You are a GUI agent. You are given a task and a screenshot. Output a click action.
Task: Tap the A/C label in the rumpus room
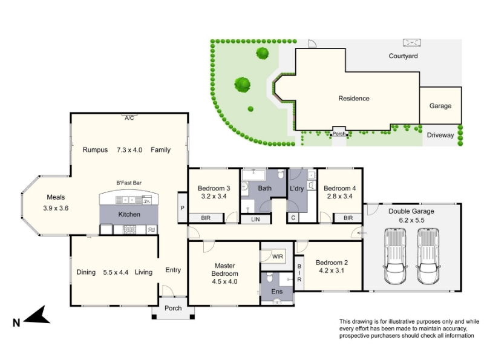pyautogui.click(x=129, y=118)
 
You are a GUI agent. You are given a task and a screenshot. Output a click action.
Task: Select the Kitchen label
pyautogui.click(x=129, y=214)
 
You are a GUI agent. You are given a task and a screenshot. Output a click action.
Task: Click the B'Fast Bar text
pyautogui.click(x=129, y=183)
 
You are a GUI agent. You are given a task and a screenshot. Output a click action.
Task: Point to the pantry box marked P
pyautogui.click(x=183, y=208)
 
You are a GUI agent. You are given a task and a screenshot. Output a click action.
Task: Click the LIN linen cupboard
pyautogui.click(x=255, y=219)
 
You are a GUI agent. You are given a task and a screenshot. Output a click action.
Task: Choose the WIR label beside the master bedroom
pyautogui.click(x=278, y=257)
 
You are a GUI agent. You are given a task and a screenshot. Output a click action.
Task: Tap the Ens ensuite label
pyautogui.click(x=277, y=292)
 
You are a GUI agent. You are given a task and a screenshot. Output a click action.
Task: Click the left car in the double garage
pyautogui.click(x=395, y=256)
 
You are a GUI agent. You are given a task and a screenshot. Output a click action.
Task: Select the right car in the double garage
pyautogui.click(x=428, y=256)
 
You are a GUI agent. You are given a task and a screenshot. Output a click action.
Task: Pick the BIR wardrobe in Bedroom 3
pyautogui.click(x=206, y=218)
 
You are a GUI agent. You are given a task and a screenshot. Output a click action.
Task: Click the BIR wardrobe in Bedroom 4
pyautogui.click(x=348, y=218)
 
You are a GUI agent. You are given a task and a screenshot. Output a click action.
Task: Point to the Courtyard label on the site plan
pyautogui.click(x=403, y=56)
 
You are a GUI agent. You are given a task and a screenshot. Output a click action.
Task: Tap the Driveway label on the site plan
pyautogui.click(x=440, y=135)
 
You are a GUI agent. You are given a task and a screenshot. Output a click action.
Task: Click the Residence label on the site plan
pyautogui.click(x=354, y=98)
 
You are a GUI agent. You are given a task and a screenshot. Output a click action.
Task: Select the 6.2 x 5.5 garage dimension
pyautogui.click(x=411, y=220)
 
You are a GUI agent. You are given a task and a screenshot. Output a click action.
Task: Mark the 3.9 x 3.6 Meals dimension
pyautogui.click(x=56, y=208)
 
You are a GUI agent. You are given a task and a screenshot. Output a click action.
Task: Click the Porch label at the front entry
pyautogui.click(x=173, y=308)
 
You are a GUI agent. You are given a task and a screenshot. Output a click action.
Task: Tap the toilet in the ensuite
pyautogui.click(x=269, y=278)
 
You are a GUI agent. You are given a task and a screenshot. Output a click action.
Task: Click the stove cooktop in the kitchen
pyautogui.click(x=129, y=230)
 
